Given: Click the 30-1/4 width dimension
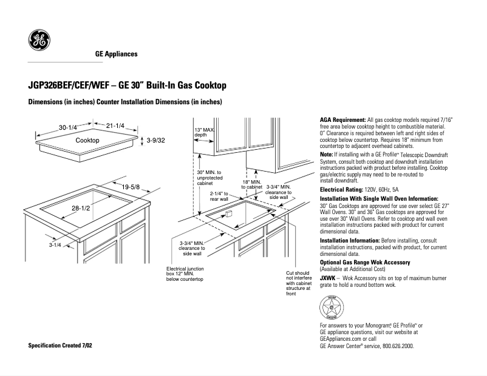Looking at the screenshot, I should [67, 127].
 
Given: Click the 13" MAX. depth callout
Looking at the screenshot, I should [205, 132].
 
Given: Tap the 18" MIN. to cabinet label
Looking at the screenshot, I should [252, 184].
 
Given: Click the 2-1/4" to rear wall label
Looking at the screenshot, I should [219, 195].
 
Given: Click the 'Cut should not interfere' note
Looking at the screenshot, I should [299, 283].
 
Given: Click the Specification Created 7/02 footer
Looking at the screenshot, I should [61, 345].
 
